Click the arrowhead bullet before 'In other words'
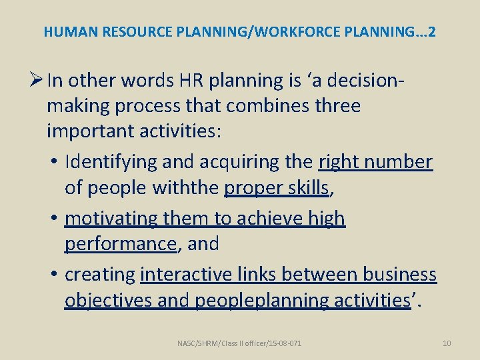(37, 80)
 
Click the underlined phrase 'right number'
(376, 162)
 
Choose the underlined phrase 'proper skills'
(277, 188)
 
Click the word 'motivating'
(108, 218)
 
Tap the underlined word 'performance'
(120, 244)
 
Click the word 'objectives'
(108, 300)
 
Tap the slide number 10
(447, 343)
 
